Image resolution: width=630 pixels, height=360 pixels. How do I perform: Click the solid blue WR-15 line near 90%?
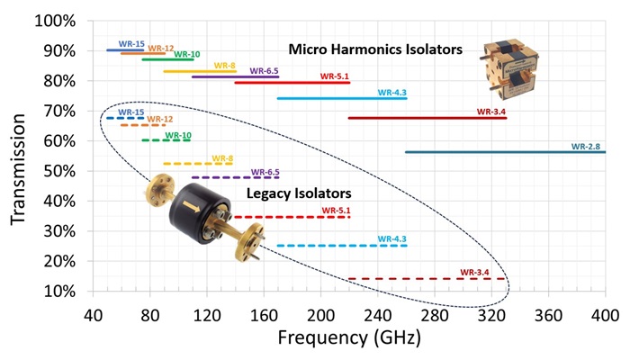125,50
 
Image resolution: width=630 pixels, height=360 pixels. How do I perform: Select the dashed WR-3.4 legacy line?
427,278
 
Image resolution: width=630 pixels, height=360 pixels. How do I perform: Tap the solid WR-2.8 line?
505,152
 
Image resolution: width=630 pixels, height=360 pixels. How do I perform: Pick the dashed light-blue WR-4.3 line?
342,246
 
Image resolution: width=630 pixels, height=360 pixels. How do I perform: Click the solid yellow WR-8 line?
200,71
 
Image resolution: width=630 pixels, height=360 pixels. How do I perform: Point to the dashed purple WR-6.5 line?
235,177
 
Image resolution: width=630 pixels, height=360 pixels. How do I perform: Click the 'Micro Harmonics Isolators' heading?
375,49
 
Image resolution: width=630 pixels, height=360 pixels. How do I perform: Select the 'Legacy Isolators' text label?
299,193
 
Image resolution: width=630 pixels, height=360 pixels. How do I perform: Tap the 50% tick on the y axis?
59,171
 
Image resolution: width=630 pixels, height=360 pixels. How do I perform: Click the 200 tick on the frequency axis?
320,315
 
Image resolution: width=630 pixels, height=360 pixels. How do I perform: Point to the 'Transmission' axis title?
18,169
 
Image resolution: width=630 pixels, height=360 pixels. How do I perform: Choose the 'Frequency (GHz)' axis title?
349,337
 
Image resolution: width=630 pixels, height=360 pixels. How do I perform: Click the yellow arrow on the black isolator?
192,206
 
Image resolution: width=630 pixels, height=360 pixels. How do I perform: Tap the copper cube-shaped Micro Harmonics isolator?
509,68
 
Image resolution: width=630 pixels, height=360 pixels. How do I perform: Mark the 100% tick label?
55,21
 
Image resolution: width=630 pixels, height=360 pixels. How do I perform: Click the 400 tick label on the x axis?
605,315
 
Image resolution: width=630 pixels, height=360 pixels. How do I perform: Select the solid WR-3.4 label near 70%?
491,112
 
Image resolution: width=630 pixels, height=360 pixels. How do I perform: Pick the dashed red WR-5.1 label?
336,210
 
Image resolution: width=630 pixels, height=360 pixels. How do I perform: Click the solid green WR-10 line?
168,59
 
